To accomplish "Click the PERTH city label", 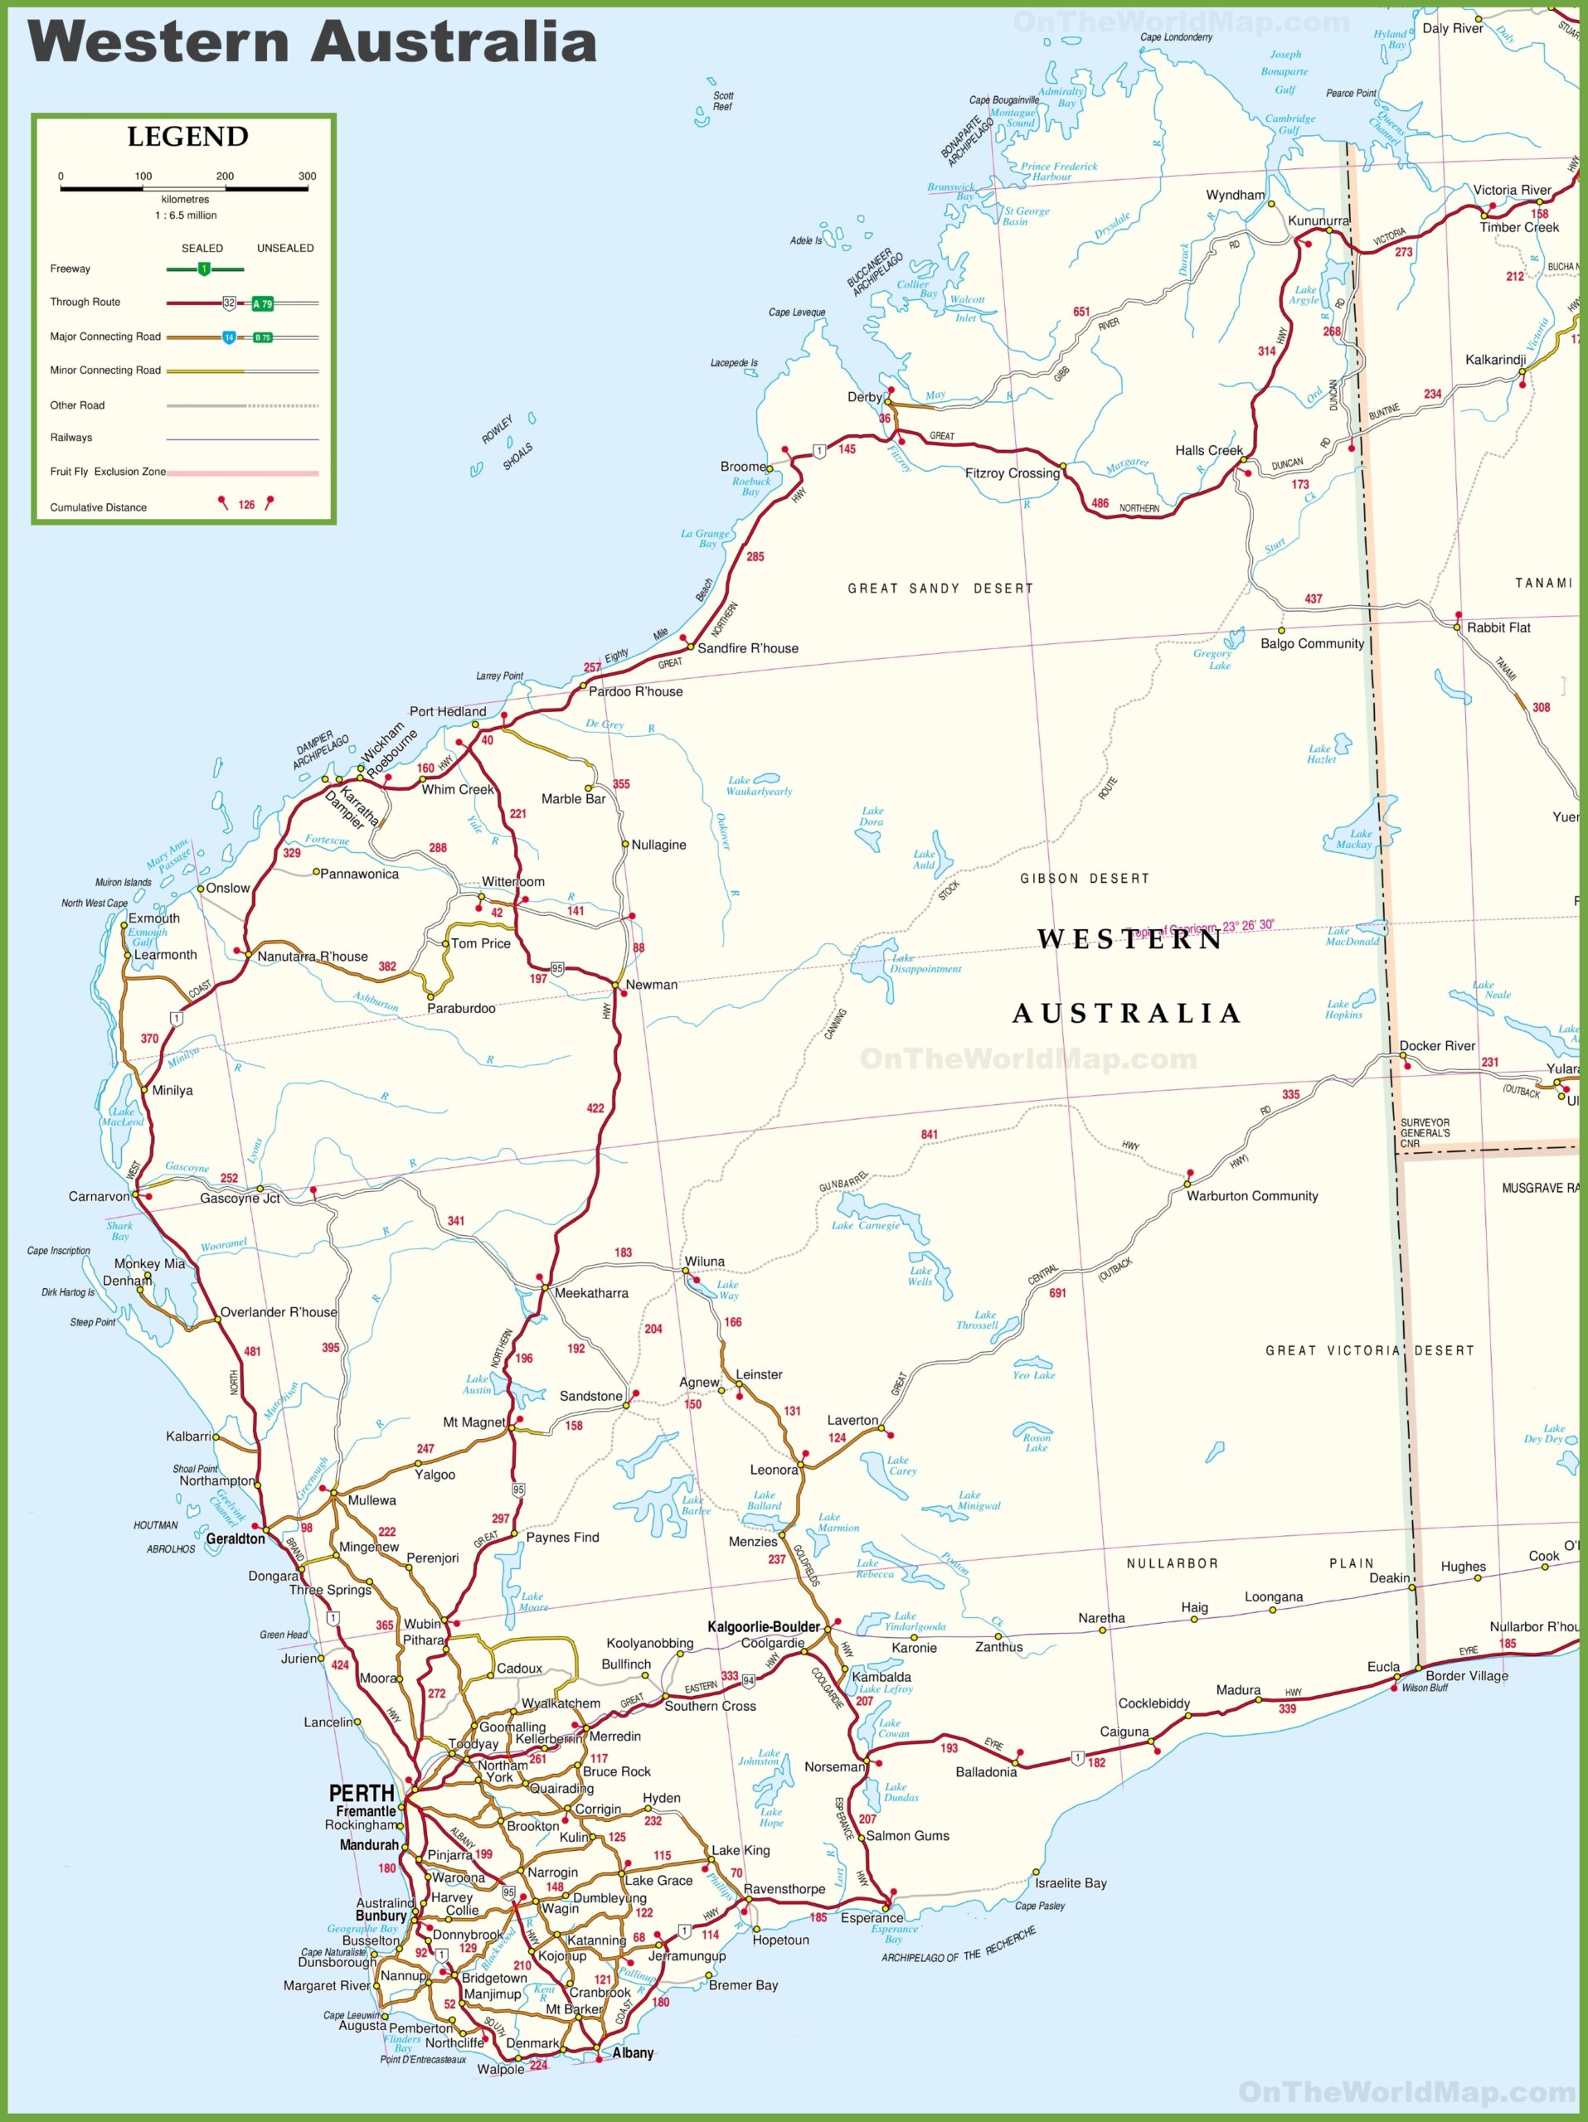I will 361,1793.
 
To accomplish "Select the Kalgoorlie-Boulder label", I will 764,1626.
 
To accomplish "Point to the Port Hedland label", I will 447,711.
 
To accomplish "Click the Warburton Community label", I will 1251,1195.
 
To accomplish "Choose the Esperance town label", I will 872,1917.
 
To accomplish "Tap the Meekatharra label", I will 591,1292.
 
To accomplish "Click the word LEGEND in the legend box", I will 188,137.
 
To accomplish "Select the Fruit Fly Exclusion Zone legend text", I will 108,472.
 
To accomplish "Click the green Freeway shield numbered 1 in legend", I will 203,269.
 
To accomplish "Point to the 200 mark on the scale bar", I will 225,177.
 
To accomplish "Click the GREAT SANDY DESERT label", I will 940,588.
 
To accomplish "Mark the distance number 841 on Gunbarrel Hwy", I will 929,1134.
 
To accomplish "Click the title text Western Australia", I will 313,44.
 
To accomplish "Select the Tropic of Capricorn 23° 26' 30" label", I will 1204,927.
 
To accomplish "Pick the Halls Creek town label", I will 1208,450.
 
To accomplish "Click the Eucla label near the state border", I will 1382,1666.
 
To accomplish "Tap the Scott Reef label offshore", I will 722,101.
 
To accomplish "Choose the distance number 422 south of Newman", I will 595,1108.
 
